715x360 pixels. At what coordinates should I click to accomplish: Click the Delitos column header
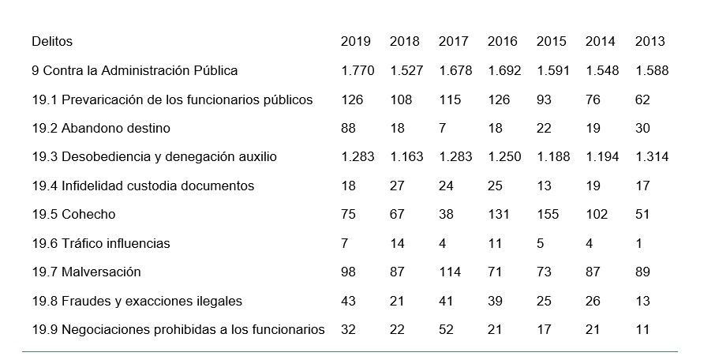[x=52, y=42]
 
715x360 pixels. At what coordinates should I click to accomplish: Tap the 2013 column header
[x=649, y=42]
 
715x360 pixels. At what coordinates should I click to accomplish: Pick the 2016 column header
[x=503, y=42]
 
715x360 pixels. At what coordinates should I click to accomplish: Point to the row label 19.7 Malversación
[x=86, y=272]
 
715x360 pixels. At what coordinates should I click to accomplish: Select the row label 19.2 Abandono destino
[x=101, y=128]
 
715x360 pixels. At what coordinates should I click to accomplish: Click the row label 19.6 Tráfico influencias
[x=101, y=243]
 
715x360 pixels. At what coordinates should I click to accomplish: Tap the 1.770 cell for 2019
[x=357, y=71]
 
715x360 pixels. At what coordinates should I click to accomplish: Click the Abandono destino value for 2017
[x=443, y=128]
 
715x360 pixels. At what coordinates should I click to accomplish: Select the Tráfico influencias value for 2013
[x=638, y=243]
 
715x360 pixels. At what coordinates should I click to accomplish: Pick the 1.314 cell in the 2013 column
[x=652, y=157]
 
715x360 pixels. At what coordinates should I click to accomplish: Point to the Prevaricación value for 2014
[x=593, y=99]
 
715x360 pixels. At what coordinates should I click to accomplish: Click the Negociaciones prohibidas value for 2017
[x=446, y=330]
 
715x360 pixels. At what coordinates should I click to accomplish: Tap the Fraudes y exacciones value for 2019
[x=348, y=301]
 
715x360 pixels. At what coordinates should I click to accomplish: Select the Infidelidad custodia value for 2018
[x=397, y=186]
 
